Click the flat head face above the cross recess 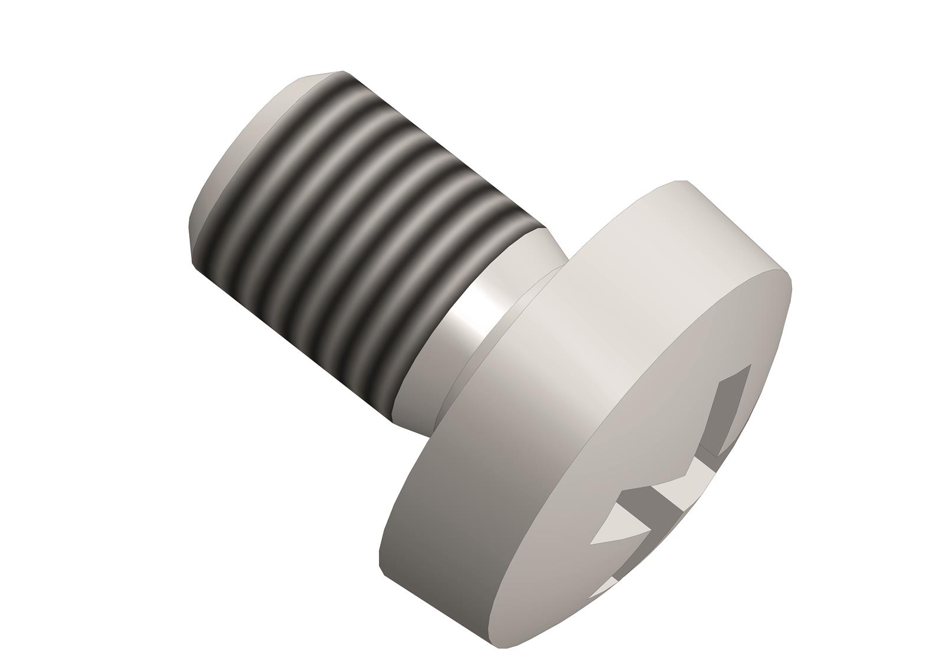tap(707, 330)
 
